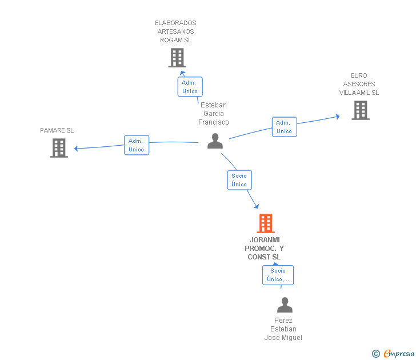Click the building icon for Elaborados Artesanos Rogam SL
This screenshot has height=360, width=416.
point(177,58)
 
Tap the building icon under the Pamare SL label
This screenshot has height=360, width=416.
point(59,148)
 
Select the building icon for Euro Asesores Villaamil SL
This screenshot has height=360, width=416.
point(360,110)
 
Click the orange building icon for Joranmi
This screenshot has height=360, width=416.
point(265,223)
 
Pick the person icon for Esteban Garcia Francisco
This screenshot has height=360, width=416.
point(215,141)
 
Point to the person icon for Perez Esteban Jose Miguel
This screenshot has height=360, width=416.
point(284,305)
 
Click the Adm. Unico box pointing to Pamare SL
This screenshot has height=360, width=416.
point(137,145)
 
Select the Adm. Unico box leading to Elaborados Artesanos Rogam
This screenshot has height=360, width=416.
point(190,87)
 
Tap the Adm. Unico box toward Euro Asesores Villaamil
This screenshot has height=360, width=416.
point(284,127)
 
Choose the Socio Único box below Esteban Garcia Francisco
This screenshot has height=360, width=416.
point(239,180)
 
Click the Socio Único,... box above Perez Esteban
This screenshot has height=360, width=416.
point(278,275)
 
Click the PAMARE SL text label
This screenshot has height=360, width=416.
point(57,130)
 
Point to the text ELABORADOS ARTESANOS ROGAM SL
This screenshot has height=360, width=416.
point(175,31)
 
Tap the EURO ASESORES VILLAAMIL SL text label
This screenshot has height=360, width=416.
point(359,84)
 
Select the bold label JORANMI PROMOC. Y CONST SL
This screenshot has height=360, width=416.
point(264,248)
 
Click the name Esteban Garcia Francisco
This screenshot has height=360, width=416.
point(214,113)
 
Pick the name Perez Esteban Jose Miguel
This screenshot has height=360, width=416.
point(283,329)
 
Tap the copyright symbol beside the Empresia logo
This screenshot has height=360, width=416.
point(375,354)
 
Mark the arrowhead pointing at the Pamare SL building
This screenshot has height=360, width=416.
point(77,149)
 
